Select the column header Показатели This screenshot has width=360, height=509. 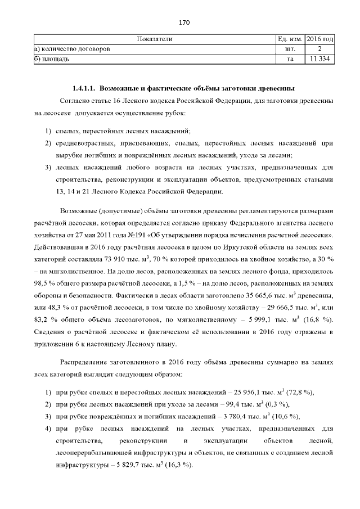click(155, 39)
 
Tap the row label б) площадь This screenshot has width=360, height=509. click(52, 58)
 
